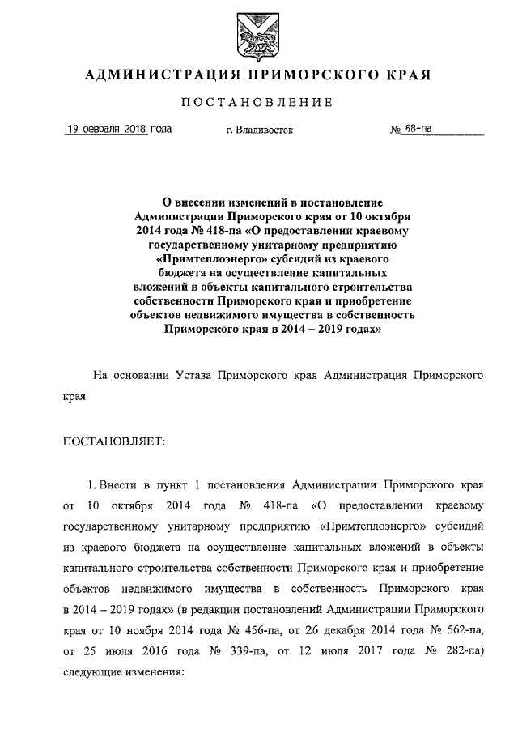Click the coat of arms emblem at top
257,33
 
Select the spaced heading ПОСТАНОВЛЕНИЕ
257,102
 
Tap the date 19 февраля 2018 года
118,129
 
